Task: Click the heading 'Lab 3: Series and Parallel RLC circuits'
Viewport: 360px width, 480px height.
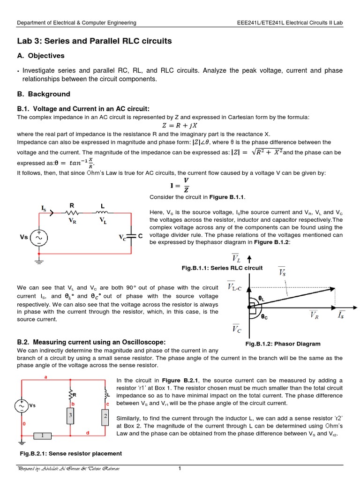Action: click(x=94, y=41)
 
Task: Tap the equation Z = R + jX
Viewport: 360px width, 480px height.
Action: click(x=180, y=125)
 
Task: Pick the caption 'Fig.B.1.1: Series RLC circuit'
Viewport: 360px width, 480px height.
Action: click(x=222, y=268)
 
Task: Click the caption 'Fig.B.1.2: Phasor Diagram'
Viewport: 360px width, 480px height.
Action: click(x=283, y=344)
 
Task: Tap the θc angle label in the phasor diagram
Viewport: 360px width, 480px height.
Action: click(x=264, y=317)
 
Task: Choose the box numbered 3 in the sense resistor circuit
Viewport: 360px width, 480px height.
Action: click(x=70, y=416)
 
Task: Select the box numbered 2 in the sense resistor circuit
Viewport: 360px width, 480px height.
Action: click(x=105, y=416)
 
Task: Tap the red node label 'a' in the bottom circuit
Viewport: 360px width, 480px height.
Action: click(x=45, y=376)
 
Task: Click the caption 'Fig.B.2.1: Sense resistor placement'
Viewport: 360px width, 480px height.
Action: click(x=70, y=453)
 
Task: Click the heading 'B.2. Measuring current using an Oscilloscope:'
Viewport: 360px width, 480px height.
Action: click(x=91, y=342)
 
